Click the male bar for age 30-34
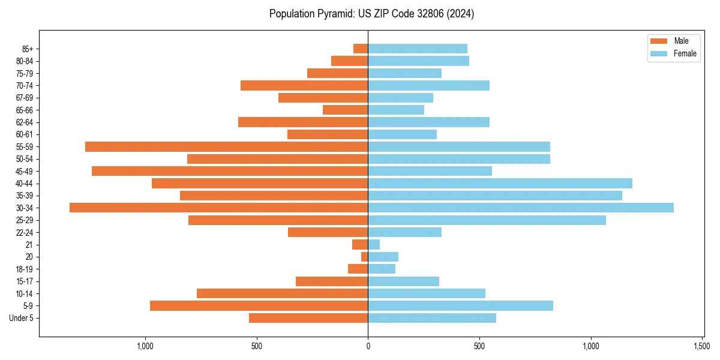[x=218, y=208]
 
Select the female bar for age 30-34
[x=520, y=208]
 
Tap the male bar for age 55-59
[x=226, y=146]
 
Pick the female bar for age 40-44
[x=500, y=183]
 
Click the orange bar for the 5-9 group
[x=259, y=305]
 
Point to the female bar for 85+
[x=418, y=49]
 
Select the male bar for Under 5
[x=308, y=318]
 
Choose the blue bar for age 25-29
[x=487, y=220]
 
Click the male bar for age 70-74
[x=304, y=85]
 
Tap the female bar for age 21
[x=374, y=244]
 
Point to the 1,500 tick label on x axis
[x=703, y=346]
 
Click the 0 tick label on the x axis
[x=368, y=346]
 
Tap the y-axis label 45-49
[x=25, y=171]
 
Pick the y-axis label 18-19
[x=25, y=269]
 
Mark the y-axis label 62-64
[x=25, y=122]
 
